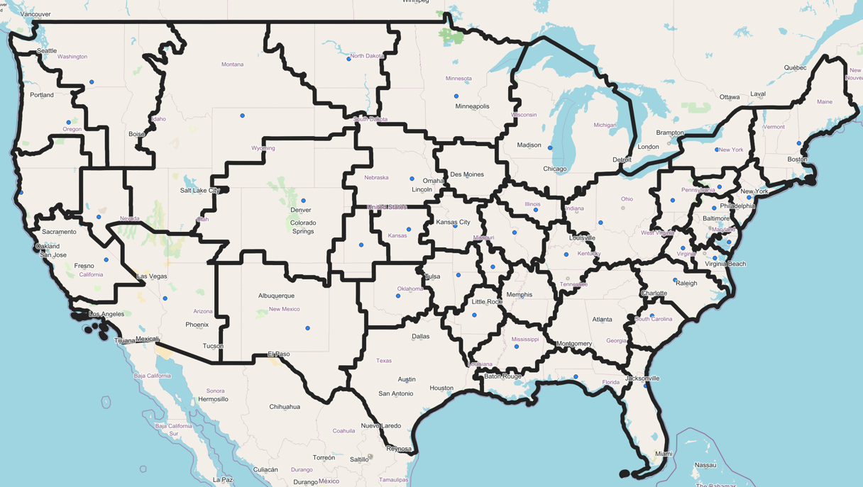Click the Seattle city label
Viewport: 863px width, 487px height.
tap(47, 51)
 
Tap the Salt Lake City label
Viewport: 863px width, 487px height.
tap(199, 191)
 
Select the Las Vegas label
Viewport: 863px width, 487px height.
tap(152, 276)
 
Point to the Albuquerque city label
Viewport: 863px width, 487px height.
tap(276, 296)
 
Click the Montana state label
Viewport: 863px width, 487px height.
tap(232, 65)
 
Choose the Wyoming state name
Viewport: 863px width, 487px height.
tap(263, 148)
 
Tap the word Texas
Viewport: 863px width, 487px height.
tap(384, 361)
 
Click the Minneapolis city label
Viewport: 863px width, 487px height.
tap(472, 106)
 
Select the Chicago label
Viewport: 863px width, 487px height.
tap(555, 169)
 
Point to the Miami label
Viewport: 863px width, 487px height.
tap(664, 454)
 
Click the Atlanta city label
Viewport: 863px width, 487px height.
tap(602, 320)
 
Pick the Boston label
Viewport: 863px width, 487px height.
tap(797, 159)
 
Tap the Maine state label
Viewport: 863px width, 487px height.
tap(824, 102)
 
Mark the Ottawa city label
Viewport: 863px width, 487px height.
tap(730, 97)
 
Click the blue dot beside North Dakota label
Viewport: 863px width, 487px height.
tap(348, 59)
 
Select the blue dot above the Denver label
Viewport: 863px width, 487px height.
tap(304, 201)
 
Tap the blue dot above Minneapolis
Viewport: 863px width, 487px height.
tap(456, 96)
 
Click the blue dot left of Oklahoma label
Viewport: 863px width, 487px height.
tap(398, 296)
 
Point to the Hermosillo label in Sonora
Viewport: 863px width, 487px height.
tap(213, 399)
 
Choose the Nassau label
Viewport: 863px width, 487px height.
tap(705, 466)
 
